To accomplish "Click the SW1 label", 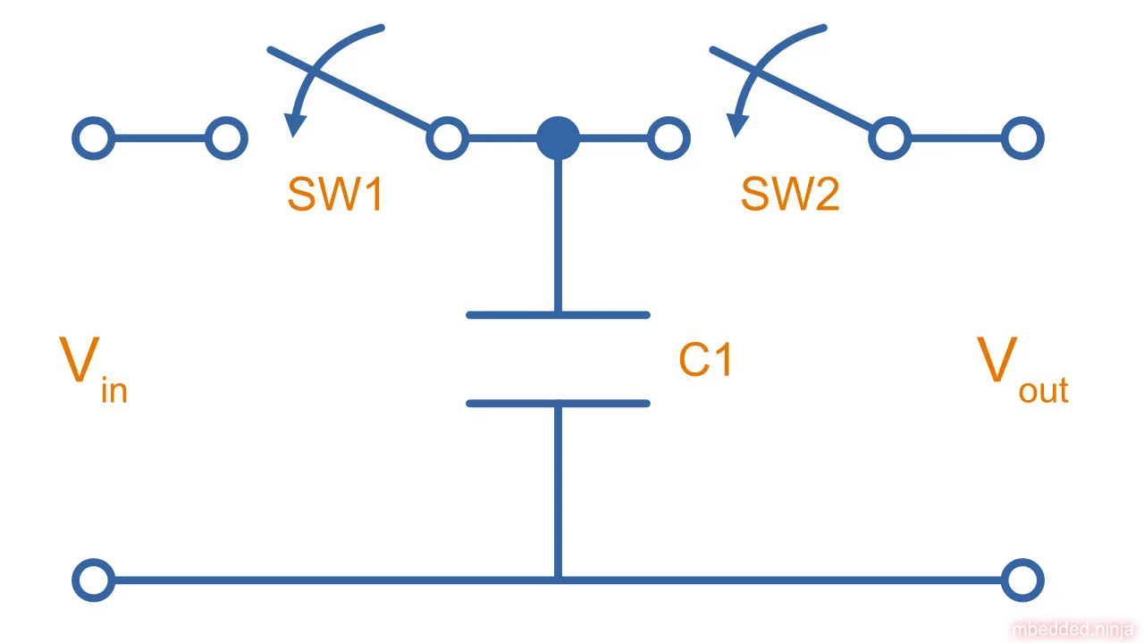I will (x=335, y=194).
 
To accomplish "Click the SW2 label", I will (x=790, y=194).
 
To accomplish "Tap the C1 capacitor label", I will (x=705, y=360).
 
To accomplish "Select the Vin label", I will (x=93, y=367).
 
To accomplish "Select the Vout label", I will (x=1022, y=367).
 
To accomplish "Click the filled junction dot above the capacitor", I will (x=558, y=138).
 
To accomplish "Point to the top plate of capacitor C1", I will (x=558, y=314).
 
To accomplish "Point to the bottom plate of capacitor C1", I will (x=558, y=404).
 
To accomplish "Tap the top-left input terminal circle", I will (x=93, y=138).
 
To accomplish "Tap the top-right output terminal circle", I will (x=1022, y=138).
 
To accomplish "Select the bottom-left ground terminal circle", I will (x=93, y=580).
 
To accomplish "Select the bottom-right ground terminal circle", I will (x=1022, y=580).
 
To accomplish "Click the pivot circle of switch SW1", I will (x=447, y=138).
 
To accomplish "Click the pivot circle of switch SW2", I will (x=889, y=138).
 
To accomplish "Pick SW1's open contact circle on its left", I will (x=226, y=138).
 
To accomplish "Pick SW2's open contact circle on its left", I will (x=669, y=138).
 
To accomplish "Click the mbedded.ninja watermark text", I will (x=1072, y=630).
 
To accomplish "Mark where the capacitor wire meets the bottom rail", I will (x=558, y=580).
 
